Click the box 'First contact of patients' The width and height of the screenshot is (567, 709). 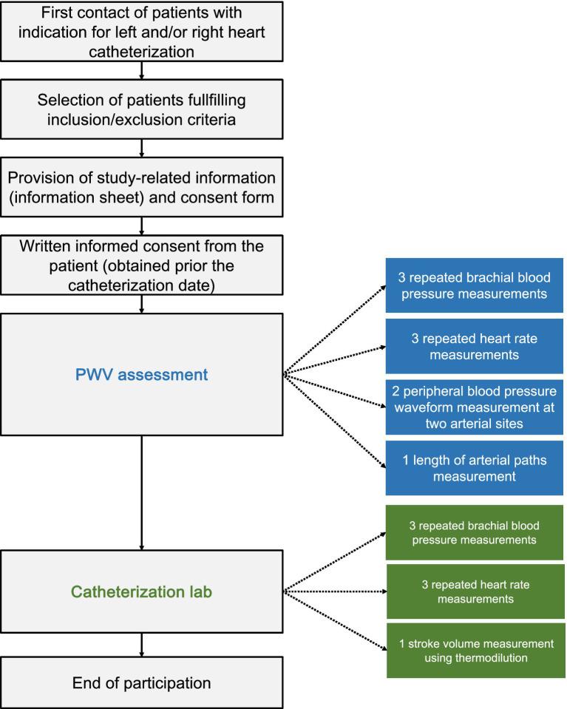[x=141, y=33]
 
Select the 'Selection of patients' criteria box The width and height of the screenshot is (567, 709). [x=141, y=109]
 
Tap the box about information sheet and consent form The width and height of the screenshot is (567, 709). [x=141, y=188]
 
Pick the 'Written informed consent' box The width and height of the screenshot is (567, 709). [x=141, y=265]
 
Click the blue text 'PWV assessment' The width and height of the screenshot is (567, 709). [x=142, y=375]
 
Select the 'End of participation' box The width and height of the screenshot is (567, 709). [x=141, y=682]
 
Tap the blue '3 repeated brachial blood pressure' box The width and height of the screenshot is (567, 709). [x=474, y=286]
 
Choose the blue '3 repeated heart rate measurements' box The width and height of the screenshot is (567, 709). [x=474, y=346]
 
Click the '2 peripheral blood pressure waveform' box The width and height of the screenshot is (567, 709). [x=474, y=407]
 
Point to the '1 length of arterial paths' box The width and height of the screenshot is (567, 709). [x=474, y=469]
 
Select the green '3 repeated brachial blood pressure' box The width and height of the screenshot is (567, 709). [x=474, y=533]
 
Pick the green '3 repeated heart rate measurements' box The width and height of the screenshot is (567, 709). [x=474, y=591]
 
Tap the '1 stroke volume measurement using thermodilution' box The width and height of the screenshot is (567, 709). [x=474, y=650]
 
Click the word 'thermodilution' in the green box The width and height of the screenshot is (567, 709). [x=493, y=658]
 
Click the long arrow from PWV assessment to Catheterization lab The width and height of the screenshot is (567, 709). [x=141, y=492]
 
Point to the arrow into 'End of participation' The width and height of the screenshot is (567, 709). [x=141, y=644]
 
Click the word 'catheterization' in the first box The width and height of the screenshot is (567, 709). [x=141, y=52]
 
